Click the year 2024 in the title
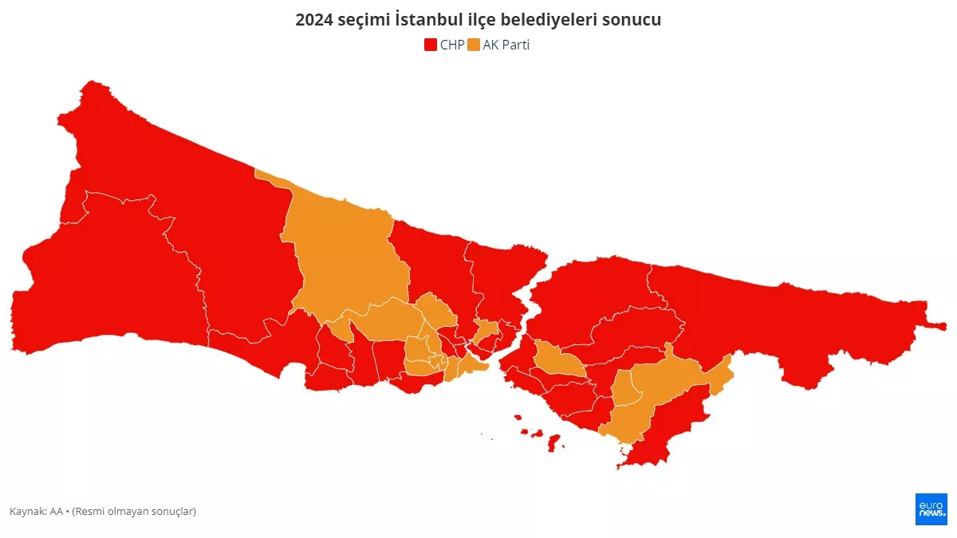click(x=313, y=20)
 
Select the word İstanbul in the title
click(x=428, y=20)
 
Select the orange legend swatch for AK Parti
click(x=474, y=45)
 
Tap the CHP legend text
click(x=451, y=45)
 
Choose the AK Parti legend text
click(x=506, y=45)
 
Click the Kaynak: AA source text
click(x=36, y=511)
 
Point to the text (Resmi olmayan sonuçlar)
click(x=134, y=511)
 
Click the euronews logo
click(x=931, y=509)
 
